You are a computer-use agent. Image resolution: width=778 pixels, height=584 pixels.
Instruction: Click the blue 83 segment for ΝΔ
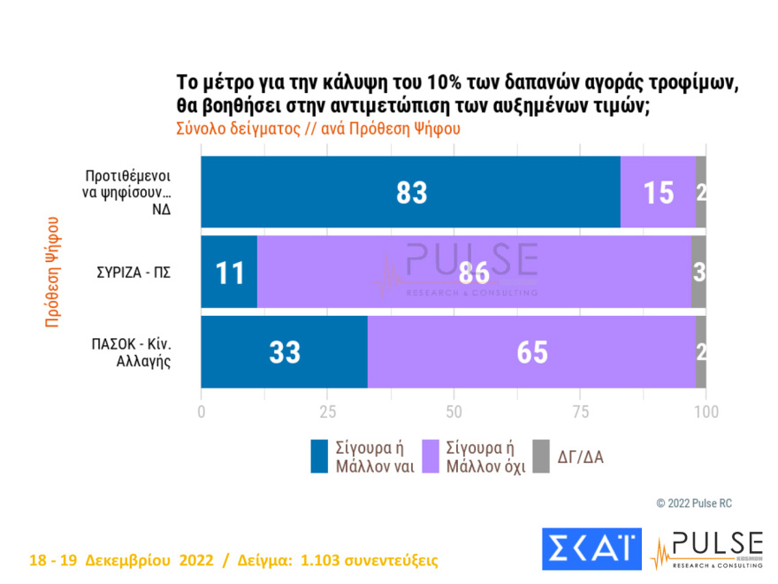pyautogui.click(x=411, y=192)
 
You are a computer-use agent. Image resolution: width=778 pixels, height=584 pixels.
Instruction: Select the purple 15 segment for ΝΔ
pyautogui.click(x=658, y=192)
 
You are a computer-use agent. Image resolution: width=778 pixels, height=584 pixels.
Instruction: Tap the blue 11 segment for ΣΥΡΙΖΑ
pyautogui.click(x=229, y=272)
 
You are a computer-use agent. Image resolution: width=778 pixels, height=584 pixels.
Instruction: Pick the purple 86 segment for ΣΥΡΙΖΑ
pyautogui.click(x=474, y=272)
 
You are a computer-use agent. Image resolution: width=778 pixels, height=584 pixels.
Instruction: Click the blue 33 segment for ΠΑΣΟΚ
pyautogui.click(x=284, y=352)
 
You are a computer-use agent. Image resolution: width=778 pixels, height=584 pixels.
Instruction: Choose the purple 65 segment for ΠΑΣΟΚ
pyautogui.click(x=531, y=352)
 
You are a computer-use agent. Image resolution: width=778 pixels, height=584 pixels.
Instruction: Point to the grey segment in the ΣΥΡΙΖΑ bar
pyautogui.click(x=698, y=272)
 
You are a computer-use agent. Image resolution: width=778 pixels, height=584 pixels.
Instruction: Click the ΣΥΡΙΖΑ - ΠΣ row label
pyautogui.click(x=133, y=272)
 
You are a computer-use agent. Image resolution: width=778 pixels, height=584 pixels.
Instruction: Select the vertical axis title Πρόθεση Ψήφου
pyautogui.click(x=52, y=272)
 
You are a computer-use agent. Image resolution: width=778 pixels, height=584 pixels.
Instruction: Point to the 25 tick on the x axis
pyautogui.click(x=328, y=411)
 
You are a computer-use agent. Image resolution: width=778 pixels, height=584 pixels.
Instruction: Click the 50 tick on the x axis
pyautogui.click(x=454, y=411)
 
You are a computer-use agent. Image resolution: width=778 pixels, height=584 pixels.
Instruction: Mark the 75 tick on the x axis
pyautogui.click(x=580, y=411)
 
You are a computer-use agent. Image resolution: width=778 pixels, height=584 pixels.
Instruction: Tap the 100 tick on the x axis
pyautogui.click(x=706, y=411)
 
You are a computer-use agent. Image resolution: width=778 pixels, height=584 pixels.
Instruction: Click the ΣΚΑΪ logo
pyautogui.click(x=590, y=549)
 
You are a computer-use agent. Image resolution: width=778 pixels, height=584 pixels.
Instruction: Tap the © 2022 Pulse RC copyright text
pyautogui.click(x=694, y=503)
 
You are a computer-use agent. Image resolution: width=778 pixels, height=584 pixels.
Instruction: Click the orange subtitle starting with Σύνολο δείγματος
pyautogui.click(x=318, y=127)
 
